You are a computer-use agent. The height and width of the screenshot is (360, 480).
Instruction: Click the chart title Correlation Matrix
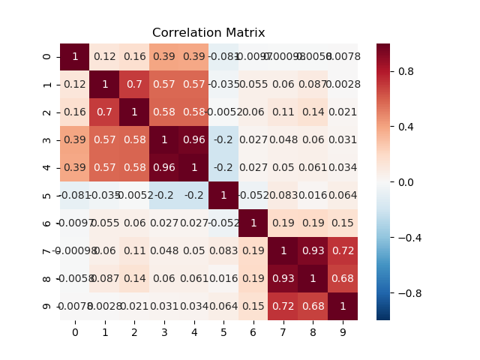click(208, 33)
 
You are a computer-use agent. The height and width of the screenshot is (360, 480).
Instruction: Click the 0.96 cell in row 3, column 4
click(193, 140)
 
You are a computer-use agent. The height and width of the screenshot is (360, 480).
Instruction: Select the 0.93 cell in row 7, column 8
click(313, 251)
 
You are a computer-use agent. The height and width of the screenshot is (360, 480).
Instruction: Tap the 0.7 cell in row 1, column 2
click(134, 85)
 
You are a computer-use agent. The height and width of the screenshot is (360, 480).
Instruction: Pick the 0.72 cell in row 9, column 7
click(283, 307)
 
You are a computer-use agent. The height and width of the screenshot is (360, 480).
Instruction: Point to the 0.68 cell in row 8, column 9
click(343, 279)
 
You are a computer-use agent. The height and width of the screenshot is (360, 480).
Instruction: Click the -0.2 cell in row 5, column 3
click(164, 196)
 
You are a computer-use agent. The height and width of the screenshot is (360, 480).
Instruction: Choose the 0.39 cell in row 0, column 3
click(164, 57)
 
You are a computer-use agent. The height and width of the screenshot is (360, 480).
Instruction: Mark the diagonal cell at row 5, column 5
click(223, 196)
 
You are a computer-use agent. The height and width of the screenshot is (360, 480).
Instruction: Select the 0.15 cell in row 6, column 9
click(343, 223)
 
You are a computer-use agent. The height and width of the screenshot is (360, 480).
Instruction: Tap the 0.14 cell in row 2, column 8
click(313, 112)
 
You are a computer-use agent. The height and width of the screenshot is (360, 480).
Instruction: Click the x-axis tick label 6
click(253, 331)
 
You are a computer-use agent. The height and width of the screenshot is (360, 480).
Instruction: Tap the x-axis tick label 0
click(75, 331)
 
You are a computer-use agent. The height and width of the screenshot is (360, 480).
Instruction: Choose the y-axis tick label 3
click(49, 140)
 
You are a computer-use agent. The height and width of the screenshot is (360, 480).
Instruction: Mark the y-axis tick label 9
click(49, 307)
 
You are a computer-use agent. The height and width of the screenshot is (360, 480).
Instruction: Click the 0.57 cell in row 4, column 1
click(104, 168)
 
